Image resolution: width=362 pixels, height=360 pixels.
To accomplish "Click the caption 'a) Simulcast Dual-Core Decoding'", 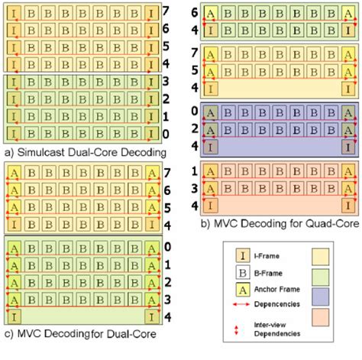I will click(x=86, y=151).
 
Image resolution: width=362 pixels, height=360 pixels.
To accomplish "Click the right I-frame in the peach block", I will click(x=347, y=205).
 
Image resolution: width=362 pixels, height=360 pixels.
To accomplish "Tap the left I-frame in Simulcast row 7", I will click(x=14, y=13).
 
